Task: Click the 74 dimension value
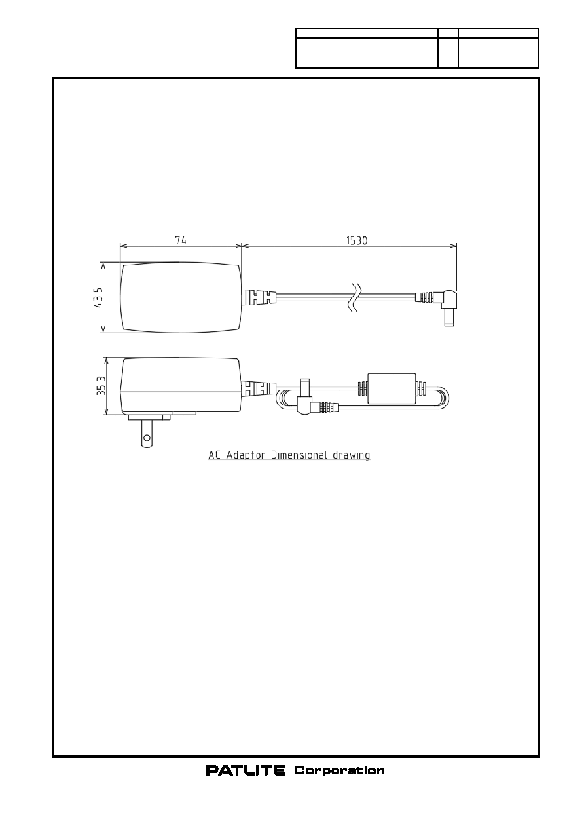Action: click(x=181, y=240)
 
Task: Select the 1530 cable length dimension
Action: click(x=357, y=240)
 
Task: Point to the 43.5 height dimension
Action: click(x=98, y=297)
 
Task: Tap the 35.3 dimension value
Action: click(x=101, y=386)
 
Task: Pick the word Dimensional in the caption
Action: click(x=299, y=455)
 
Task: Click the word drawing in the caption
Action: click(x=351, y=455)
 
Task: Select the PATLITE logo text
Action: click(x=246, y=770)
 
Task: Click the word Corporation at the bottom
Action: click(x=339, y=771)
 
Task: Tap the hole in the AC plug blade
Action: click(x=147, y=438)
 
